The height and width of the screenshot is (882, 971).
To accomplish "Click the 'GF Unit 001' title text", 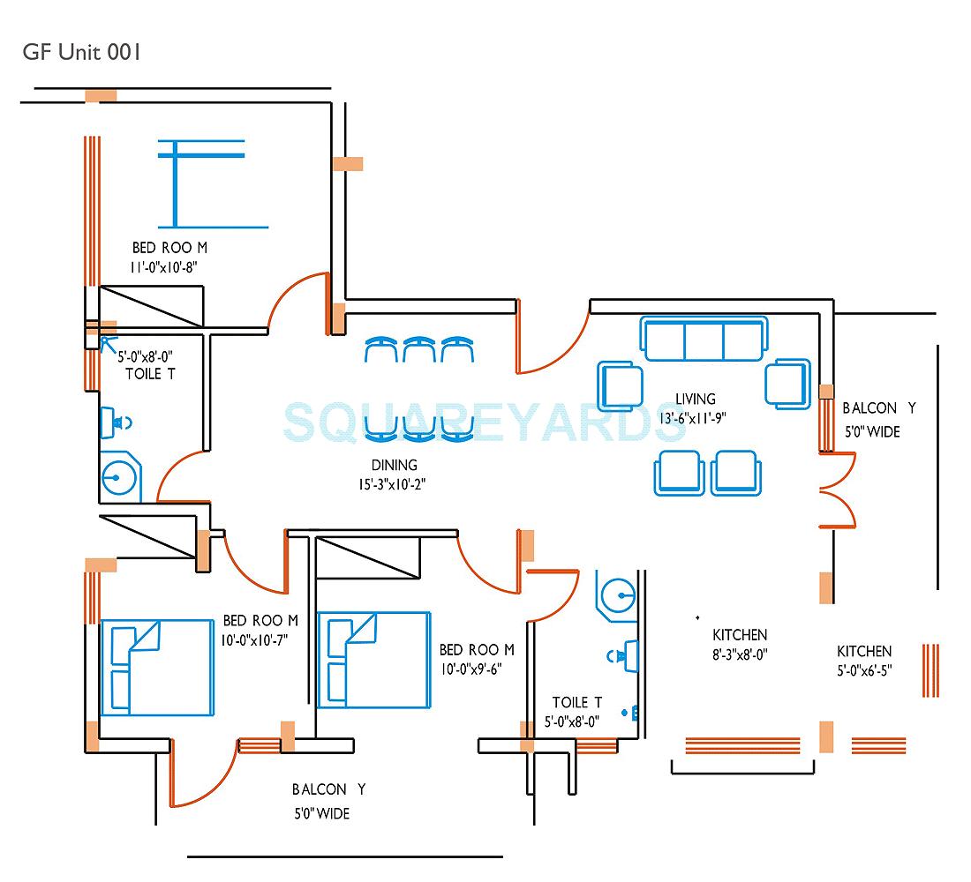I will click(81, 52).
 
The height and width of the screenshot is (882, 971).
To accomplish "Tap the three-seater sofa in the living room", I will click(704, 340).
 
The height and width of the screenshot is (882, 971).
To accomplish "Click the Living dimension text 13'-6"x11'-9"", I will click(693, 418).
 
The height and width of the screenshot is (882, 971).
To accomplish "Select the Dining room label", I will click(395, 465).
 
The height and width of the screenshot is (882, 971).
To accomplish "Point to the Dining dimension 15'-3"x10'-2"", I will click(395, 483).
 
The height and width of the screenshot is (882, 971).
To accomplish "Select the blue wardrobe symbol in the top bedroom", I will click(201, 181).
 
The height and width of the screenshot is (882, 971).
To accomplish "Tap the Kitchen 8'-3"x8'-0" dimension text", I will click(740, 654).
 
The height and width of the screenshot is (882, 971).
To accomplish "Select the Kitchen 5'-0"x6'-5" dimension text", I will click(864, 669).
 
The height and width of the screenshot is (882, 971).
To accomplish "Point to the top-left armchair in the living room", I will click(622, 385).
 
